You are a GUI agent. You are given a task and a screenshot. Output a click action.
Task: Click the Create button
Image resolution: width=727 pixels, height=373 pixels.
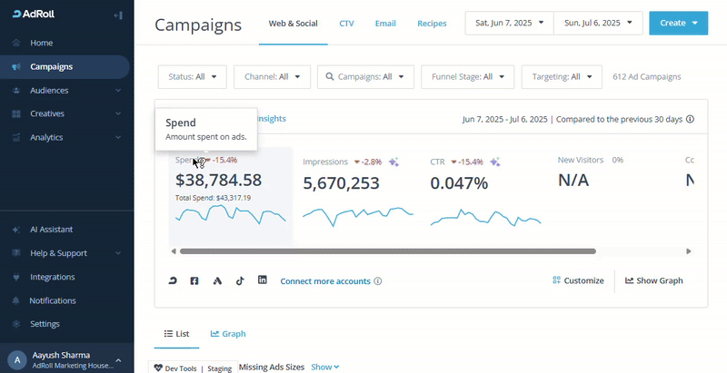pyautogui.click(x=677, y=23)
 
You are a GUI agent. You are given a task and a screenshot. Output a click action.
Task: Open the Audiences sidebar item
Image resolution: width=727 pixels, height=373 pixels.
pyautogui.click(x=49, y=90)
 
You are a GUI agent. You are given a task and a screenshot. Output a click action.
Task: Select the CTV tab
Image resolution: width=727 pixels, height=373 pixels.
pyautogui.click(x=346, y=23)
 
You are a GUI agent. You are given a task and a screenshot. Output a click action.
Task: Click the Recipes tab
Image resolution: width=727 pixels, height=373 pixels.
pyautogui.click(x=432, y=23)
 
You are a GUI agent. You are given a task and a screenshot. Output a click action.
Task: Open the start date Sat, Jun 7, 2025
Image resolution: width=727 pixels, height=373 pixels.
pyautogui.click(x=509, y=23)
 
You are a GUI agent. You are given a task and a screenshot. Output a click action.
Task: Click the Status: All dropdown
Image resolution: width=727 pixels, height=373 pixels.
pyautogui.click(x=193, y=77)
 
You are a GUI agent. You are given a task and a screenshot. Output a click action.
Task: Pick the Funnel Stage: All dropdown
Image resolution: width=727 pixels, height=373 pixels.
pyautogui.click(x=468, y=77)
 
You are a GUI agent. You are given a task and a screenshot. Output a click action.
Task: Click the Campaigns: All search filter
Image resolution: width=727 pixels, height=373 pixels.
pyautogui.click(x=365, y=77)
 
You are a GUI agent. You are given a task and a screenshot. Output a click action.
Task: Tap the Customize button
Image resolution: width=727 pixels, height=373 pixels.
pyautogui.click(x=578, y=280)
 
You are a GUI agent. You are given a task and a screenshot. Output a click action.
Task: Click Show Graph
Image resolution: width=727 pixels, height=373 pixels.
pyautogui.click(x=653, y=280)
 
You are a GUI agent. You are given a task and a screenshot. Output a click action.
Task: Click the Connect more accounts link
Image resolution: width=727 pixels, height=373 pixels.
pyautogui.click(x=325, y=281)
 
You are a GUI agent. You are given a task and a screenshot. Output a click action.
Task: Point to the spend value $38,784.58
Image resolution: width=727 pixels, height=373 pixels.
pyautogui.click(x=218, y=181)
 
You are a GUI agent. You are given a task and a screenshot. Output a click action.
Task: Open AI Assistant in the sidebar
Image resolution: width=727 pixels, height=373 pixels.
pyautogui.click(x=51, y=230)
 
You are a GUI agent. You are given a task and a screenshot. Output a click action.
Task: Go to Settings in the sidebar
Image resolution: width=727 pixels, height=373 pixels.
pyautogui.click(x=45, y=324)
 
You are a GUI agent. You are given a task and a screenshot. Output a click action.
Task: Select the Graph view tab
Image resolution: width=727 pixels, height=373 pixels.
pyautogui.click(x=228, y=334)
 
